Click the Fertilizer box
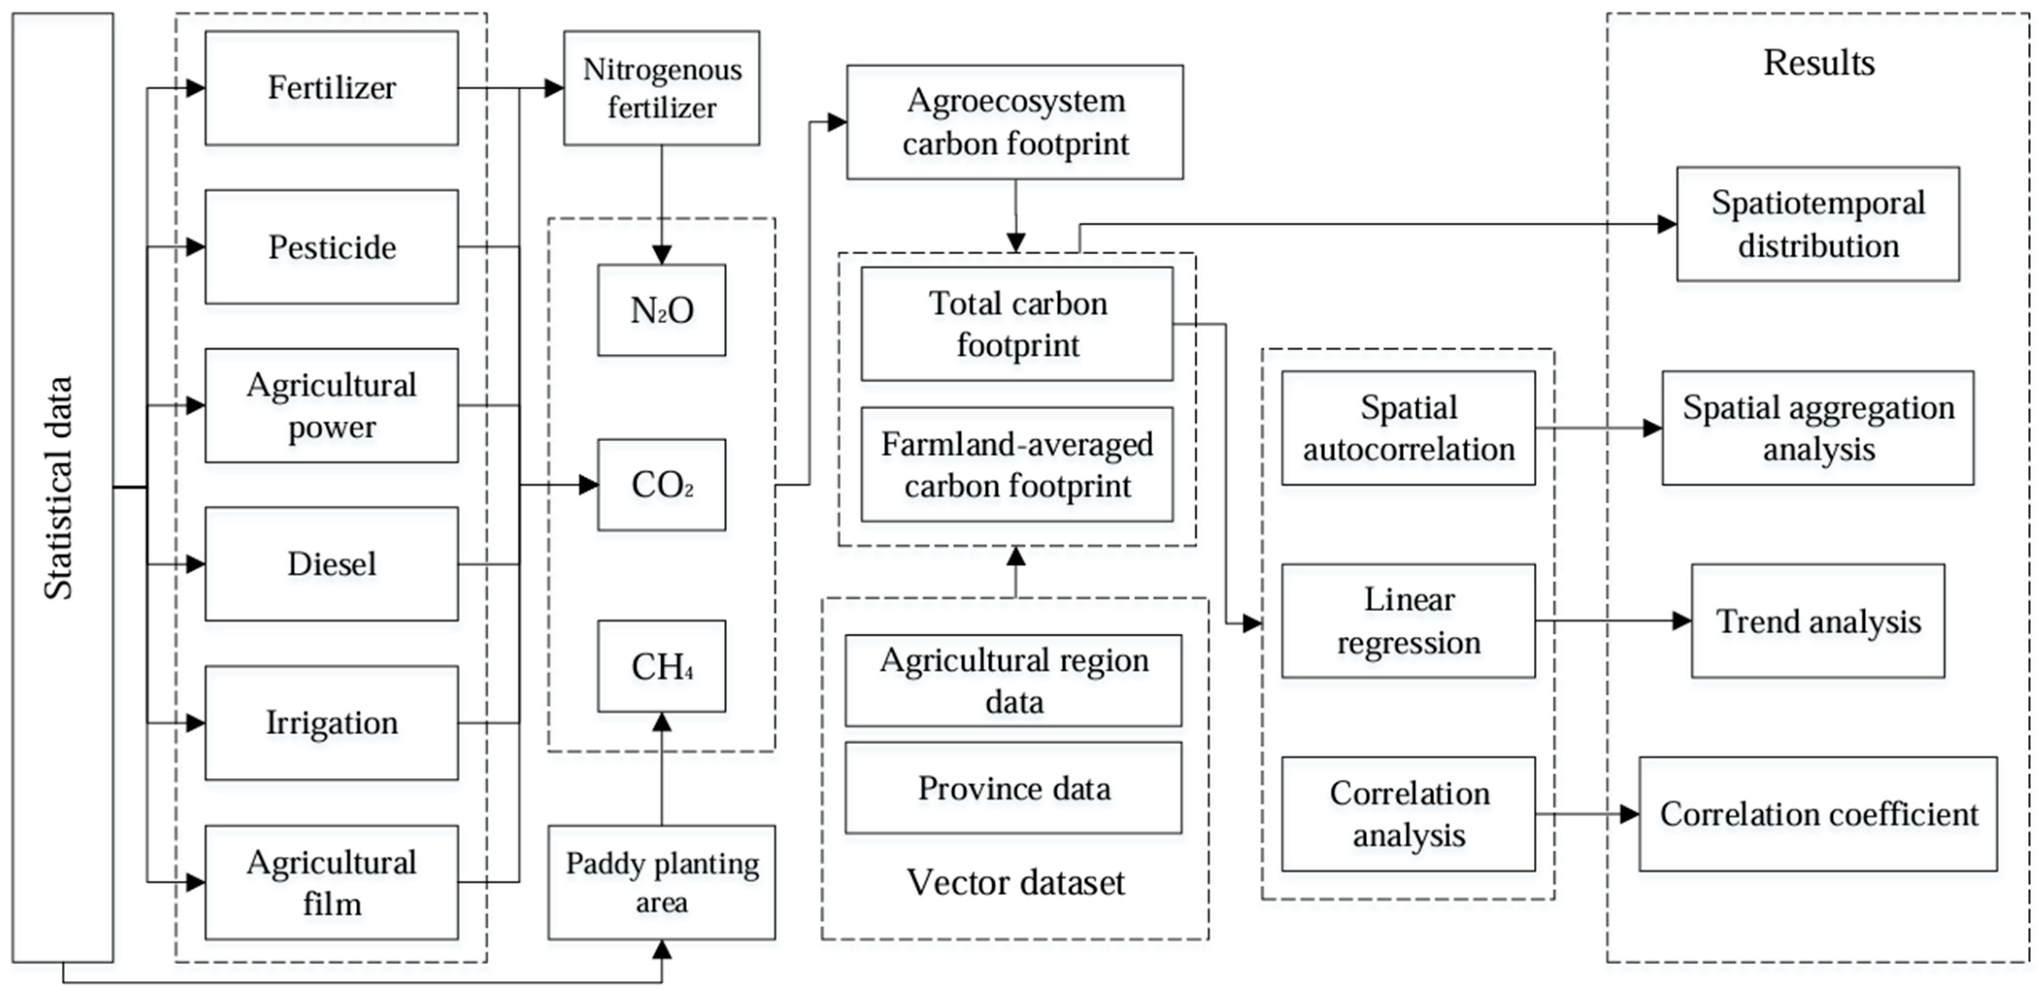pyautogui.click(x=331, y=88)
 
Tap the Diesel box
pyautogui.click(x=331, y=563)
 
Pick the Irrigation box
pyautogui.click(x=331, y=722)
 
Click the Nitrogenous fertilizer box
pyautogui.click(x=661, y=88)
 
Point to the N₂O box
pyautogui.click(x=661, y=310)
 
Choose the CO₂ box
pyautogui.click(x=661, y=484)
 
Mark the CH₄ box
pyautogui.click(x=661, y=666)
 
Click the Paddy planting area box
pyautogui.click(x=661, y=882)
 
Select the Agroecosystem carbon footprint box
pyautogui.click(x=1015, y=122)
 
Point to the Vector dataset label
pyautogui.click(x=1015, y=882)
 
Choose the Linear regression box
pyautogui.click(x=1408, y=621)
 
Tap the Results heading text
pyautogui.click(x=1818, y=63)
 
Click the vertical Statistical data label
pyautogui.click(x=59, y=487)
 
